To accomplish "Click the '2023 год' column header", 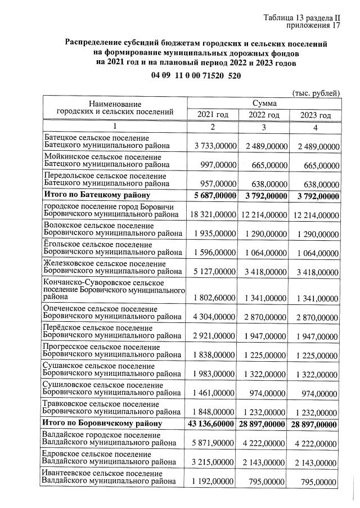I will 316,115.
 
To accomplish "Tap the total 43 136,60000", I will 211,422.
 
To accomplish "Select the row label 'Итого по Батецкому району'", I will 97,195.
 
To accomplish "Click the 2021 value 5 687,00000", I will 213,195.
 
